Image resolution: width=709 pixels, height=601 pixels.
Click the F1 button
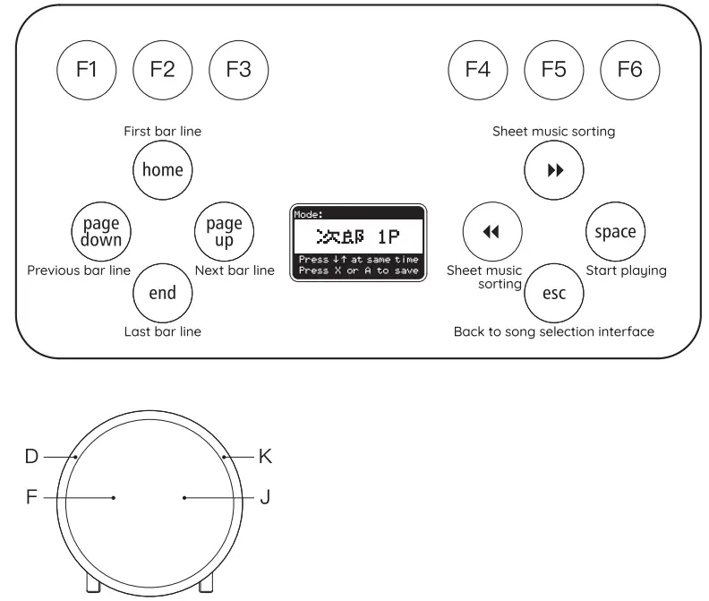tap(87, 70)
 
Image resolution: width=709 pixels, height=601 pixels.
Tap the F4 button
tap(478, 70)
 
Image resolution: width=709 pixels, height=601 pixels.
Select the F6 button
tap(630, 70)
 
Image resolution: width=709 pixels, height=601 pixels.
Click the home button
tap(162, 169)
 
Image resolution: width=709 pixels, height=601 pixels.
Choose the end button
tap(162, 293)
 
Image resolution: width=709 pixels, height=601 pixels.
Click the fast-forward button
tap(554, 170)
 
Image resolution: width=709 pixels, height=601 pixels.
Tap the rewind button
tap(491, 232)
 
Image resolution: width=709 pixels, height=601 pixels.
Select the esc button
tap(554, 293)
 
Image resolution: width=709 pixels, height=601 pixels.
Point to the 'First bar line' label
tap(162, 131)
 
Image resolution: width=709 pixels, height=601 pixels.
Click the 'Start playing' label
tap(626, 270)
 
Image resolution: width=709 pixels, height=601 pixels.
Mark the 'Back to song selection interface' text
tap(553, 331)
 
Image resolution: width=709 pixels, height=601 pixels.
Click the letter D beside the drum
tap(31, 456)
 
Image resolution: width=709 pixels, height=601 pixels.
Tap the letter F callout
tap(31, 497)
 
